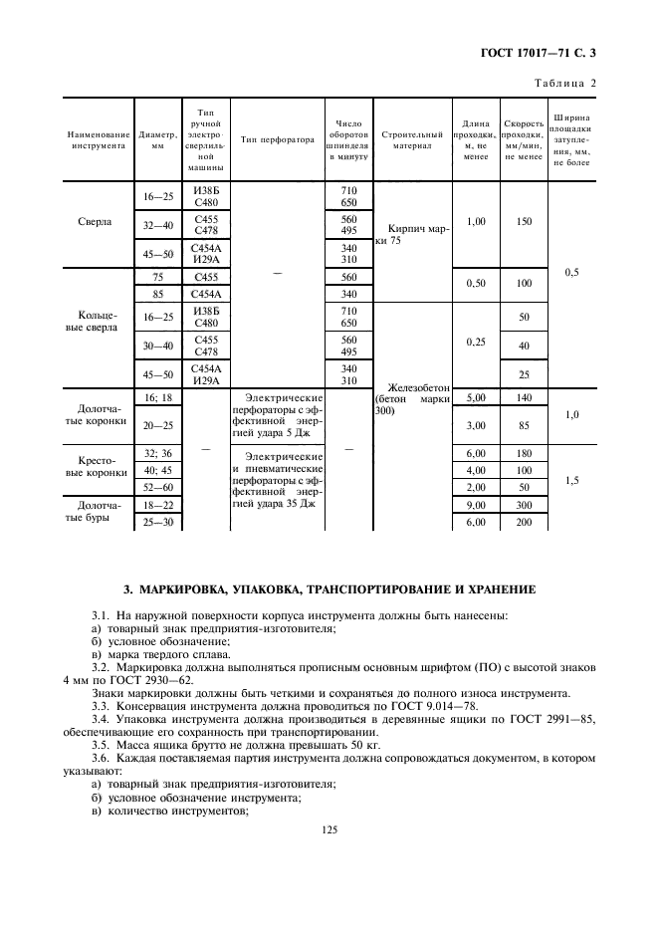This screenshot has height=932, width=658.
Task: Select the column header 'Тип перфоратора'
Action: (x=278, y=140)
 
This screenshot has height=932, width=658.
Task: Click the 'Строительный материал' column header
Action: (x=411, y=140)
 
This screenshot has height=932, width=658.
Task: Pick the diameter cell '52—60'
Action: (x=156, y=486)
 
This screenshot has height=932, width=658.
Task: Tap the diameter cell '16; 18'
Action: (x=156, y=396)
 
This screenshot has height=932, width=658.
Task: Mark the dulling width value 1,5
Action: (x=571, y=480)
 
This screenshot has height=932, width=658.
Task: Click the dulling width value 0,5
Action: (x=571, y=271)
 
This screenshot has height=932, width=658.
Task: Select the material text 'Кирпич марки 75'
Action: (x=410, y=234)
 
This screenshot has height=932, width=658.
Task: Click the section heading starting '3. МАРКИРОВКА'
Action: (x=329, y=590)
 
